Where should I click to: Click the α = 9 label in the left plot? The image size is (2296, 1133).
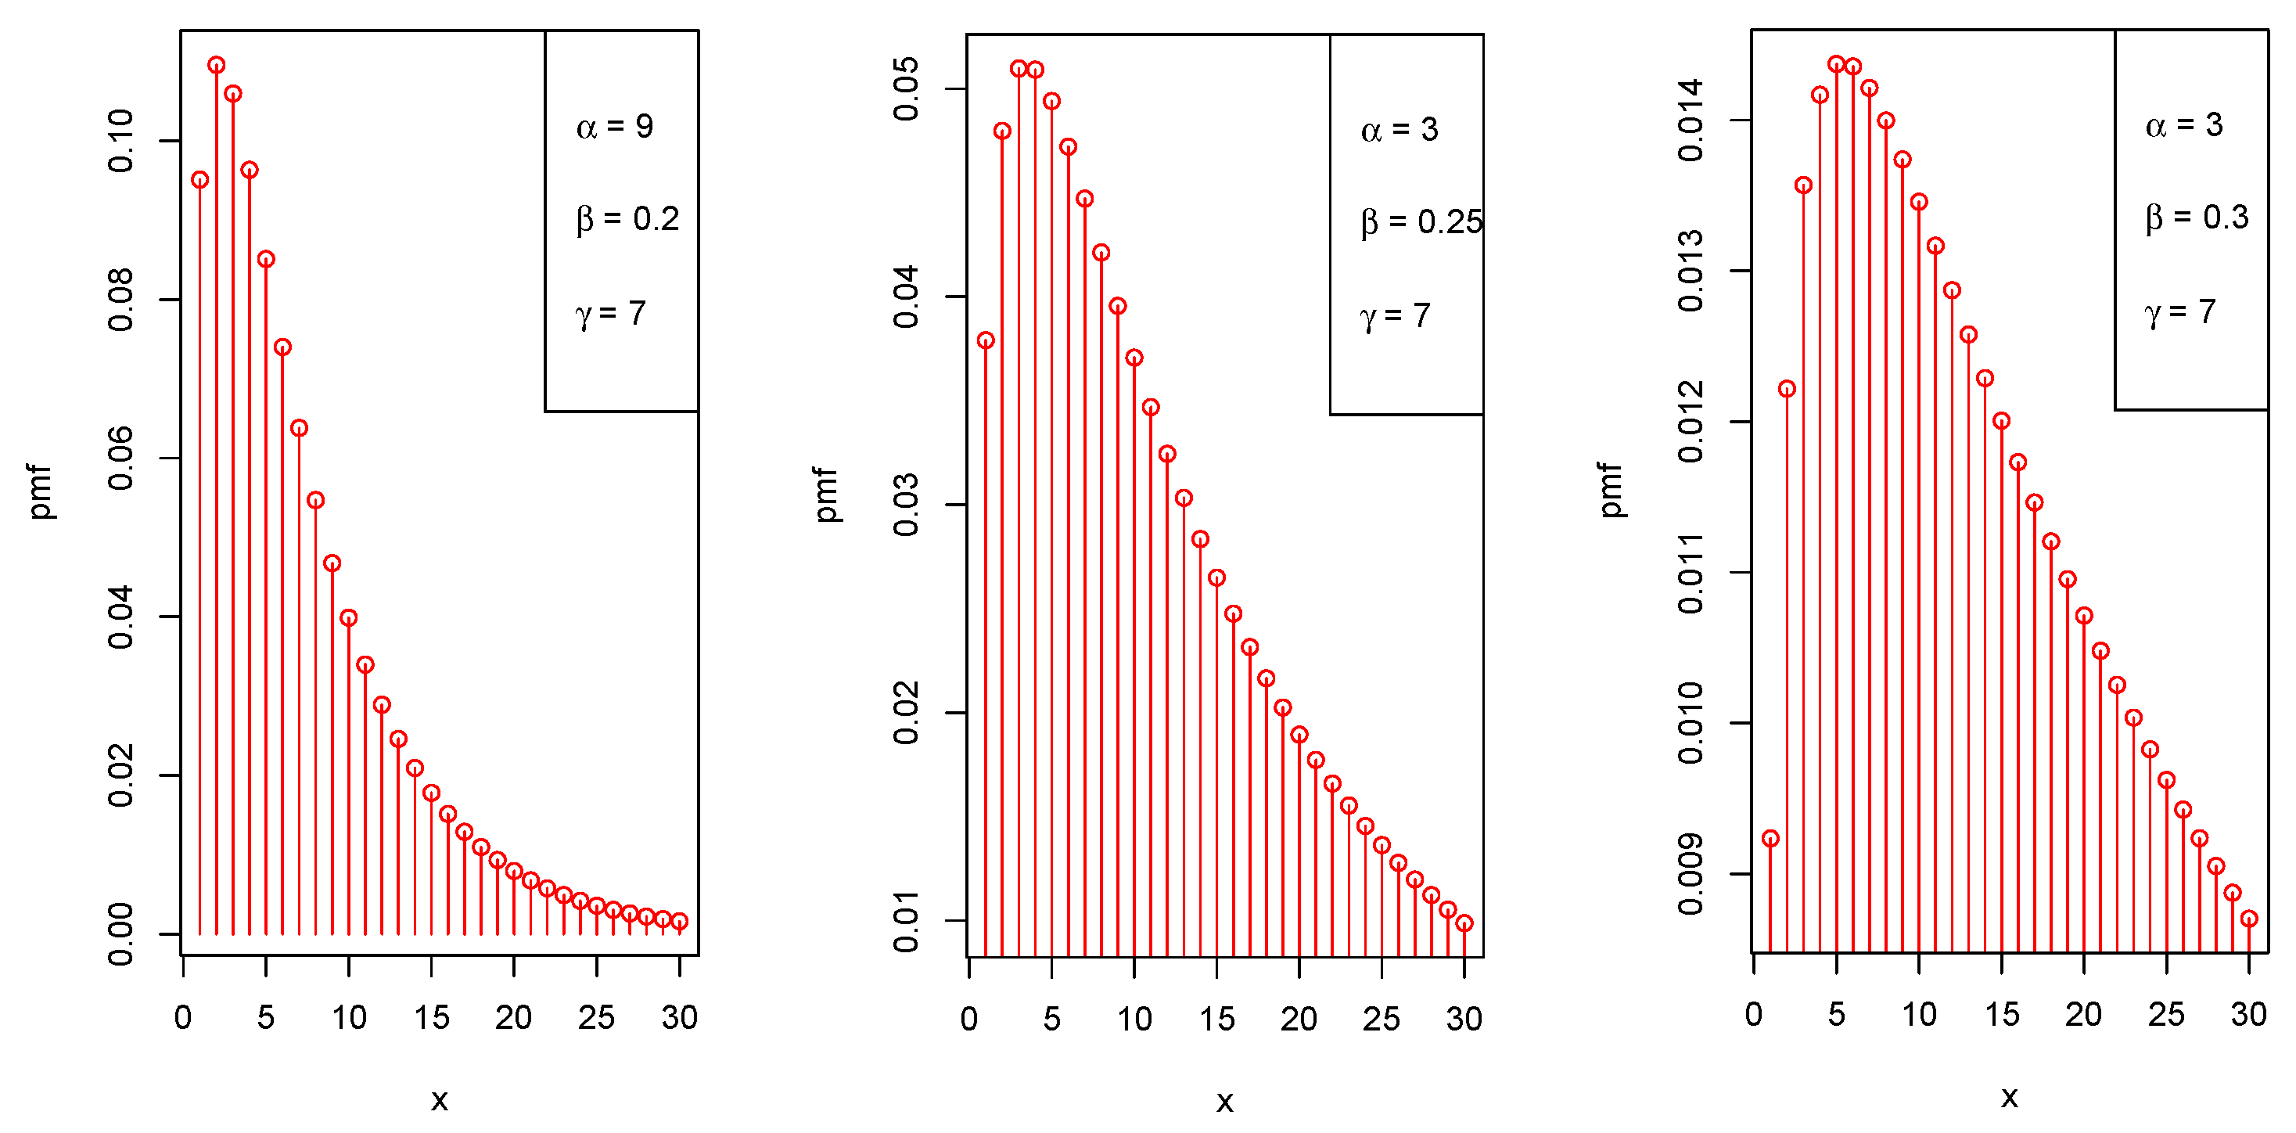(x=614, y=127)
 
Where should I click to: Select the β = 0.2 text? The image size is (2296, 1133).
(x=627, y=218)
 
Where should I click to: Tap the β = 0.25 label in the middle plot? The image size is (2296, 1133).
(x=1421, y=222)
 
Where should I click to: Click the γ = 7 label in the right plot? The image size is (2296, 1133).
(x=2179, y=312)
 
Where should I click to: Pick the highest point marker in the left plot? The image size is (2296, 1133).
(x=217, y=65)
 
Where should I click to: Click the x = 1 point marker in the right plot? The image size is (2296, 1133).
(x=1770, y=839)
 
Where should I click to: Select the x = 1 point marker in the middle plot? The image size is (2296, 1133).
(x=986, y=340)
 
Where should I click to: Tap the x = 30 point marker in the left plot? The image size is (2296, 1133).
(x=679, y=922)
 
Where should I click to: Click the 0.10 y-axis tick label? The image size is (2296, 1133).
(x=120, y=141)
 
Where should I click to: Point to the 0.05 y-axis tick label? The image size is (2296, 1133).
(x=906, y=89)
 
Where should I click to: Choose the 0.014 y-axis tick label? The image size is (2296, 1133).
(x=1690, y=120)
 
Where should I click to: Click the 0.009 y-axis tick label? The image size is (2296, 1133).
(x=1690, y=875)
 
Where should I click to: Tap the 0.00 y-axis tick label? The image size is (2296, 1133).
(x=120, y=934)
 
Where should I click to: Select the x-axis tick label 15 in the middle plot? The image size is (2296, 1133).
(x=1216, y=1019)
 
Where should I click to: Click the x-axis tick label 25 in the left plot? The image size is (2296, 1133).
(x=596, y=1017)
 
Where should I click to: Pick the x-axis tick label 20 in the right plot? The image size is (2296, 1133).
(x=2083, y=1014)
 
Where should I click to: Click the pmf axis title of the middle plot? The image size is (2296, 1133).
(x=826, y=494)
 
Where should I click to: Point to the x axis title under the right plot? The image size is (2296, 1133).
(x=2009, y=1097)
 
